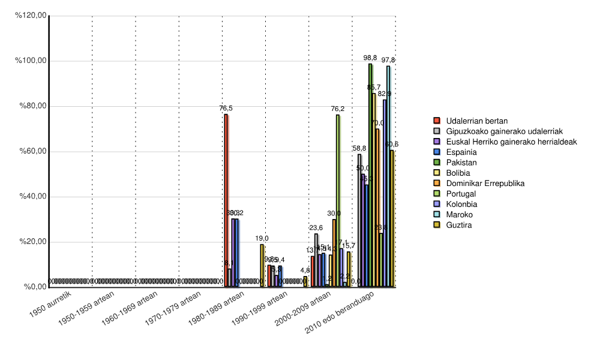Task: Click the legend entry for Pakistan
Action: (x=461, y=162)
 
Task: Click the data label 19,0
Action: (x=262, y=238)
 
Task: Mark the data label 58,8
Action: (x=359, y=148)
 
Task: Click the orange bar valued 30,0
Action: (x=334, y=253)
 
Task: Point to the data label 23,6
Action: (x=316, y=227)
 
